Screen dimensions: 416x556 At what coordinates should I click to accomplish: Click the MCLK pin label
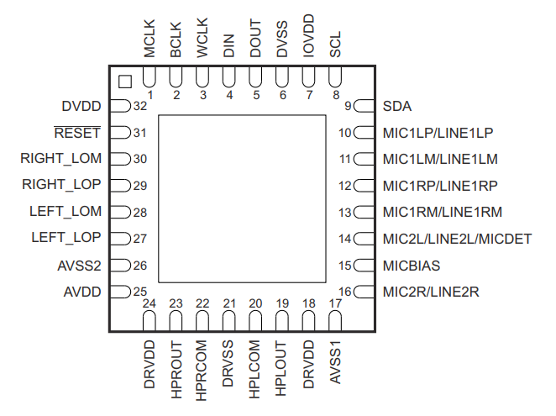[149, 39]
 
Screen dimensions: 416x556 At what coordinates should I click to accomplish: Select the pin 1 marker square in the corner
[124, 81]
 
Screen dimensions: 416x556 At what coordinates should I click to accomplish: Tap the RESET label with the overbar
[77, 132]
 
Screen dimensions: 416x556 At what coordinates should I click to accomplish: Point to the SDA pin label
[396, 107]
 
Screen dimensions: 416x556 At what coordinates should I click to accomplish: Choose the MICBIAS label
[412, 266]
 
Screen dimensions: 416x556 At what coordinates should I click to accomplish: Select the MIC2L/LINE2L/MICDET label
[457, 239]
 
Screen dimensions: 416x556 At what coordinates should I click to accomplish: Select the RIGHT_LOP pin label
[61, 186]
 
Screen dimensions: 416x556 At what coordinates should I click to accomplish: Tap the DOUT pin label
[256, 39]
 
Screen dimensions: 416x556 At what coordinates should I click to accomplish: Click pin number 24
[149, 303]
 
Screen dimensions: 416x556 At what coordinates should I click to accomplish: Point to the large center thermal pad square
[243, 199]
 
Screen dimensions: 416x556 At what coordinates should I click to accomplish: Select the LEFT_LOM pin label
[66, 213]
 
